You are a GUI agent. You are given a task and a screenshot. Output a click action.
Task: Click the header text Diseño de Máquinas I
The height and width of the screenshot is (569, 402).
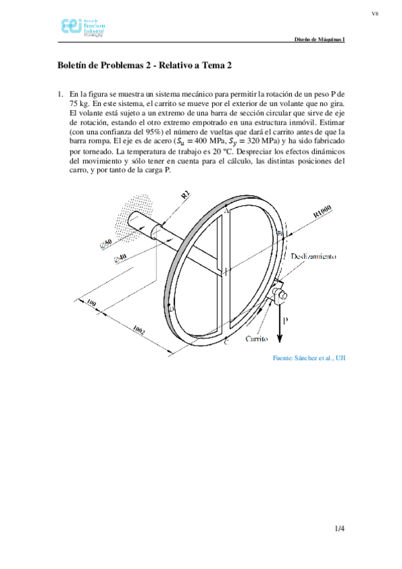(320, 40)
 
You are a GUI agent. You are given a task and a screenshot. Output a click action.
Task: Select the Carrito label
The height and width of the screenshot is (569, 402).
(257, 340)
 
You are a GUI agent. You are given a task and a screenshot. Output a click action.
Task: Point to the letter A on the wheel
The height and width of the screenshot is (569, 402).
(226, 211)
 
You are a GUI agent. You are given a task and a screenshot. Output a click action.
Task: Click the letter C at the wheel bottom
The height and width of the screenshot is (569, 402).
(226, 343)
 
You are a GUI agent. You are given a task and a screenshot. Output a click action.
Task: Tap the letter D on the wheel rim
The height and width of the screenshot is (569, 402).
(172, 309)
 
